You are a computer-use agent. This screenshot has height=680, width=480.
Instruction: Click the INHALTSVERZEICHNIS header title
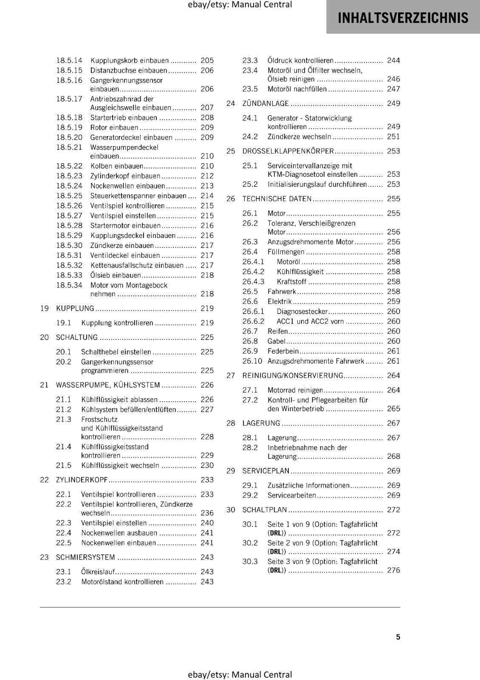(403, 18)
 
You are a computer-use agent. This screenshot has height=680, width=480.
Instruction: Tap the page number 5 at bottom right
(398, 637)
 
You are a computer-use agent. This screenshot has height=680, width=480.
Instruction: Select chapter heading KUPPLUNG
(75, 308)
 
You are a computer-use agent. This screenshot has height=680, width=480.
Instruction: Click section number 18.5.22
(69, 166)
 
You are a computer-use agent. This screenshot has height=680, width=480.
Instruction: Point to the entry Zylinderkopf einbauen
(125, 176)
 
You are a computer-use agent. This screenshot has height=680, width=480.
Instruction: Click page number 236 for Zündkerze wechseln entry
(207, 513)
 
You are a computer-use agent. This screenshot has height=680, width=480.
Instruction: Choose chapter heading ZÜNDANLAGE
(265, 103)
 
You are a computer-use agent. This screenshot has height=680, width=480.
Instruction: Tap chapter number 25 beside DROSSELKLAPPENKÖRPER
(231, 151)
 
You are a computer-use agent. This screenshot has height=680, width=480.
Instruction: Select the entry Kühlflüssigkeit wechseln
(120, 465)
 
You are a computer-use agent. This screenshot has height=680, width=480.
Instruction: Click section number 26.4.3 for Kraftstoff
(253, 281)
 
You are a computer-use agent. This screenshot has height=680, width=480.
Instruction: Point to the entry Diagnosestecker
(302, 312)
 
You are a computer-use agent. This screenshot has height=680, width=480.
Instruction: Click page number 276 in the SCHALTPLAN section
(393, 570)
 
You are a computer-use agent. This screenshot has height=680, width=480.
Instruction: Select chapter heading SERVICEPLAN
(265, 470)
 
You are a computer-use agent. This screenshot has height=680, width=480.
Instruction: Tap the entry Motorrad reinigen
(295, 390)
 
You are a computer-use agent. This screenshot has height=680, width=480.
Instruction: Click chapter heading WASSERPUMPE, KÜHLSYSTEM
(108, 385)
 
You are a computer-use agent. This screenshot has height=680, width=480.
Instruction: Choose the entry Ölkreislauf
(98, 572)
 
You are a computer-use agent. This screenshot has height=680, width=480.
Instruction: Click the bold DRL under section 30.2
(277, 552)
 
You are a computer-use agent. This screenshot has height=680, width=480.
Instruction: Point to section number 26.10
(252, 361)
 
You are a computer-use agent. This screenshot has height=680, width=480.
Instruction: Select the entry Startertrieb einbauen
(123, 117)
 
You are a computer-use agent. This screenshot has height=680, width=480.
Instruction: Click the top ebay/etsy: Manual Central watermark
(240, 5)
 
